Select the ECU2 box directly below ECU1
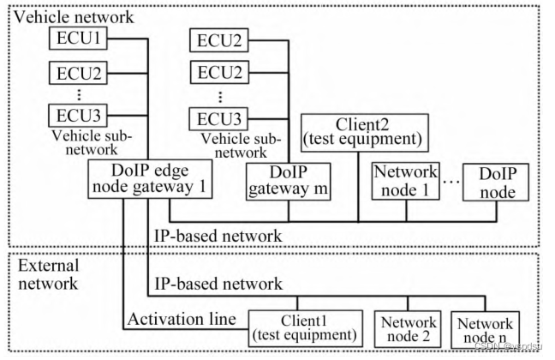pos(80,75)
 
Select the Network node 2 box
pos(404,327)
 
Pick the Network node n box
pos(486,327)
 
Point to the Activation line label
pos(181,320)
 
